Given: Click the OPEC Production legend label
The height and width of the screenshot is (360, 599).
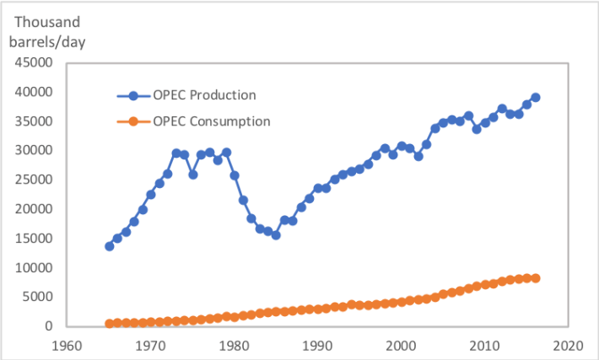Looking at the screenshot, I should pos(204,94).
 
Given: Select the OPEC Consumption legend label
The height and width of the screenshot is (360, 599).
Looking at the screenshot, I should pos(212,121).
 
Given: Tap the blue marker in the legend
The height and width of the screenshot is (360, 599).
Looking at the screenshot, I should pos(133,94).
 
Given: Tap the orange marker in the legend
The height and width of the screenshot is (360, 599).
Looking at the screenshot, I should pos(133,121).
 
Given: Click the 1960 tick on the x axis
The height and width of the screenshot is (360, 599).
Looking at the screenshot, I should pos(67,345).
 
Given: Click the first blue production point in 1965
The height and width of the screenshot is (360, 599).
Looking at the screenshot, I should pos(109,246).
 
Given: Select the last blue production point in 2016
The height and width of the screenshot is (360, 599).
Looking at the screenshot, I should pos(535,97).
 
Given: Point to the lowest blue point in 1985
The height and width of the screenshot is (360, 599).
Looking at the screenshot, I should pos(276,235).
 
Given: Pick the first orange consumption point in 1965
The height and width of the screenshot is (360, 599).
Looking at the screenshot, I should pos(109,324).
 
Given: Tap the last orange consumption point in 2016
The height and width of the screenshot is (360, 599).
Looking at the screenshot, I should pos(535,278).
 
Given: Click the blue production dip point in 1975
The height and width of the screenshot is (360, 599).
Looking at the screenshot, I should pos(192,175).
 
